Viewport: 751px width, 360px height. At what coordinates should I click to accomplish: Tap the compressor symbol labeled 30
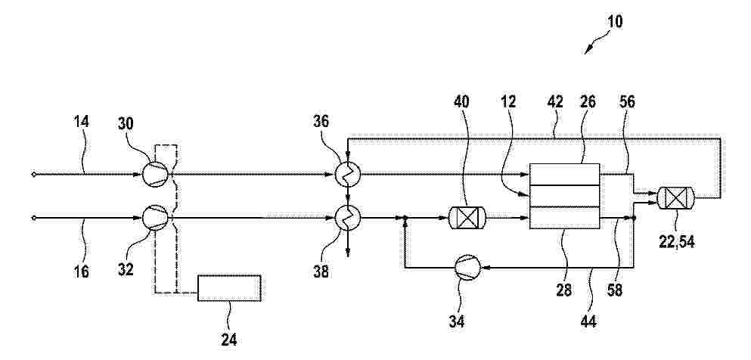(x=155, y=174)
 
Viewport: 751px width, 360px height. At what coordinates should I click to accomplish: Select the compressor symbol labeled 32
(x=155, y=218)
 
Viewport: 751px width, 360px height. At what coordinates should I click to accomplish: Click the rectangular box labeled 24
(x=229, y=287)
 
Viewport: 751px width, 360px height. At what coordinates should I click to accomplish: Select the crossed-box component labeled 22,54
(x=676, y=197)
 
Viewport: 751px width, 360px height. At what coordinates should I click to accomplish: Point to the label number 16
(x=82, y=272)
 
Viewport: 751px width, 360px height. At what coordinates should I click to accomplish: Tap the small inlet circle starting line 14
(x=33, y=174)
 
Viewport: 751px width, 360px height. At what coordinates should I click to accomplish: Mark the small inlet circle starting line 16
(x=33, y=218)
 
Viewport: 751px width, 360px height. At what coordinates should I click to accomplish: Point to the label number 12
(x=509, y=102)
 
